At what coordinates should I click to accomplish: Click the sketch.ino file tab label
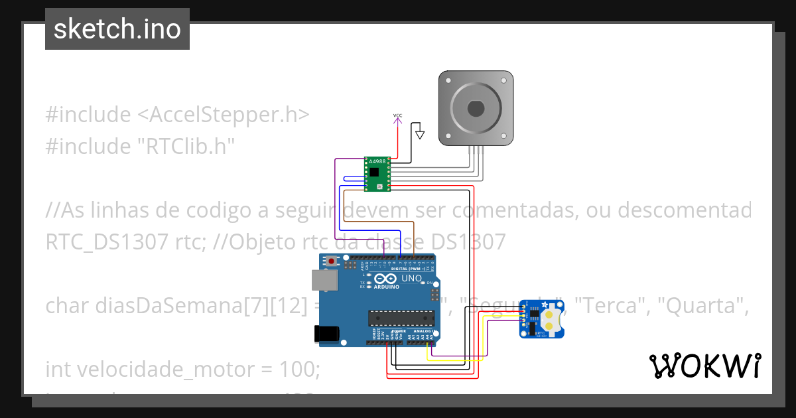click(x=117, y=29)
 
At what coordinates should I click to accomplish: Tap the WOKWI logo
click(x=704, y=366)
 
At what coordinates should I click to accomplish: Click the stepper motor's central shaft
click(x=476, y=107)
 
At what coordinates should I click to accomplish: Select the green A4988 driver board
click(x=377, y=174)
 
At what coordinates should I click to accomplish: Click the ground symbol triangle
click(x=419, y=135)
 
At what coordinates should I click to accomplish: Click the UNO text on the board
click(x=412, y=278)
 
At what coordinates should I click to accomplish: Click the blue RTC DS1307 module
click(x=545, y=319)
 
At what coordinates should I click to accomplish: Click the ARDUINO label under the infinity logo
click(x=387, y=287)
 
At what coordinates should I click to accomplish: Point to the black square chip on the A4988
click(x=375, y=172)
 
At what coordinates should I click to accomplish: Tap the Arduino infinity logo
click(x=387, y=278)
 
